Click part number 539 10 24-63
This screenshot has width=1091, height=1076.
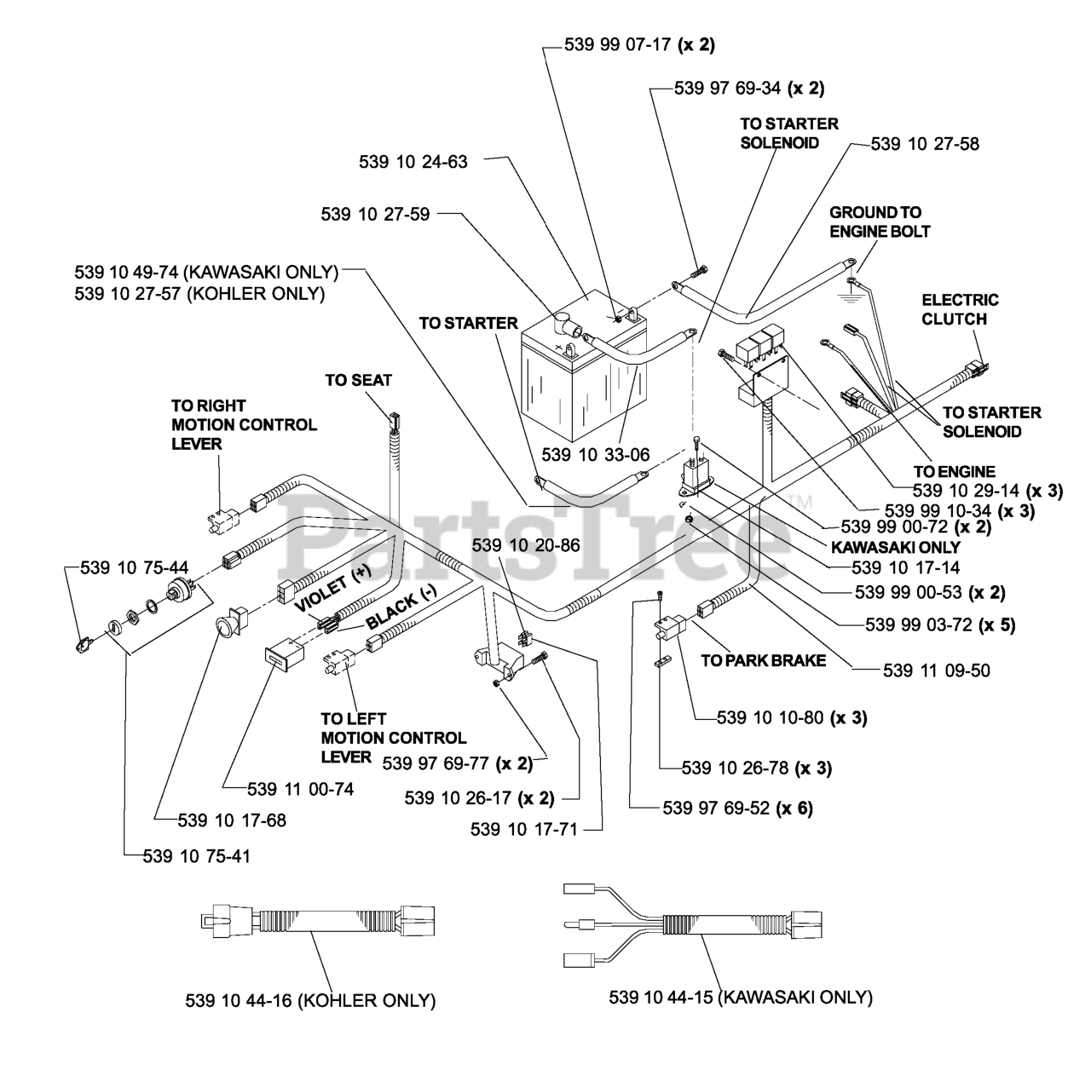pos(413,161)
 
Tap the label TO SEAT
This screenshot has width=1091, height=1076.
pos(358,380)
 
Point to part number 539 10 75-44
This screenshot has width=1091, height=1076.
pos(134,568)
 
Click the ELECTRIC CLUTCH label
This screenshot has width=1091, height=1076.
pos(960,309)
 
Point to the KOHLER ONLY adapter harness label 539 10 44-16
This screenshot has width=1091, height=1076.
pos(310,1000)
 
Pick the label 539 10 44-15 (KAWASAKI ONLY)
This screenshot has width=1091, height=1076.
pos(740,997)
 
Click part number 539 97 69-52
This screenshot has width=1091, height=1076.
pos(737,808)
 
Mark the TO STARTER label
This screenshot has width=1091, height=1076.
pos(468,323)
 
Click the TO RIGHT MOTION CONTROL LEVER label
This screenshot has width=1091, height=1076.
pos(244,424)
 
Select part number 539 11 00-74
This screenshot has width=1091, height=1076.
pos(300,790)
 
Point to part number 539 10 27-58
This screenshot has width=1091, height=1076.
pos(925,144)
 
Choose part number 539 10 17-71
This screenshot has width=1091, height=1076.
pos(523,828)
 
